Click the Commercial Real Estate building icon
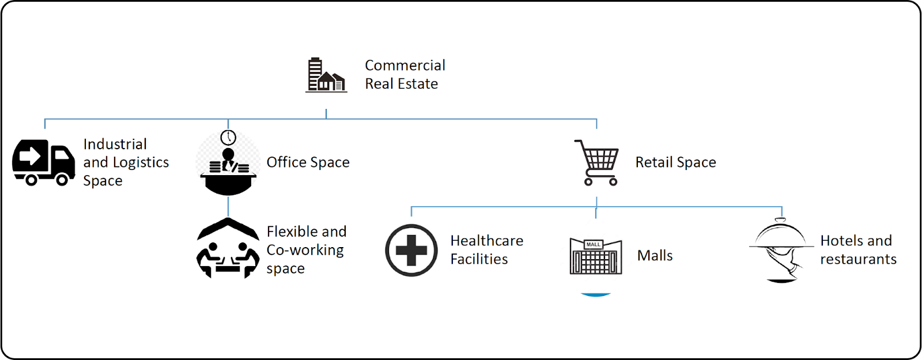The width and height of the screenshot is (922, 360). coord(326,75)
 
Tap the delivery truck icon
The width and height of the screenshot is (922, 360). coord(44,162)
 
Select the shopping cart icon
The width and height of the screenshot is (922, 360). coord(598,162)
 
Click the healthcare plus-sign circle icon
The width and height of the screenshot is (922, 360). coord(411,250)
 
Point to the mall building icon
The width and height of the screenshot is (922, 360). coord(595,256)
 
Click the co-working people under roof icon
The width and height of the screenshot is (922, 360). coord(228,249)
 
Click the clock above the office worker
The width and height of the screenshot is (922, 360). coord(228,137)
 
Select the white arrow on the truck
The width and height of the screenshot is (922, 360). coord(30,156)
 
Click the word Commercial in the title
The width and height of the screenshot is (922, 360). coord(405,65)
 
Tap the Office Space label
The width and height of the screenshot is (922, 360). coord(308,162)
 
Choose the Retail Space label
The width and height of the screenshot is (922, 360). coord(675,162)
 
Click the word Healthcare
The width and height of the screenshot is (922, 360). coord(487,240)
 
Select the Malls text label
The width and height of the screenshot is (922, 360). coord(655,255)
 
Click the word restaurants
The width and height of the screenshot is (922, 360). coord(858,259)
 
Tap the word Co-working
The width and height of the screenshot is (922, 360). coord(305,250)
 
